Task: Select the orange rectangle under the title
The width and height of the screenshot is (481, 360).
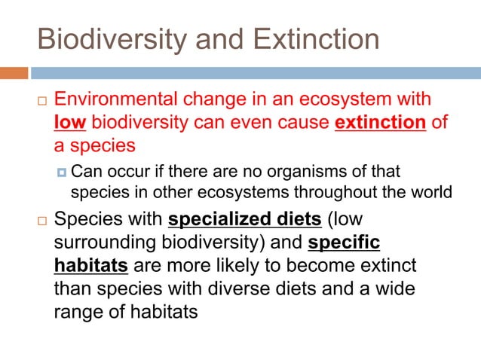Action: pos(14,73)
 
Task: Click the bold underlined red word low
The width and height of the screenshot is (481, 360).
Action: pos(70,122)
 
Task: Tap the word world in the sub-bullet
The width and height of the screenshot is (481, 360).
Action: pos(433,192)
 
